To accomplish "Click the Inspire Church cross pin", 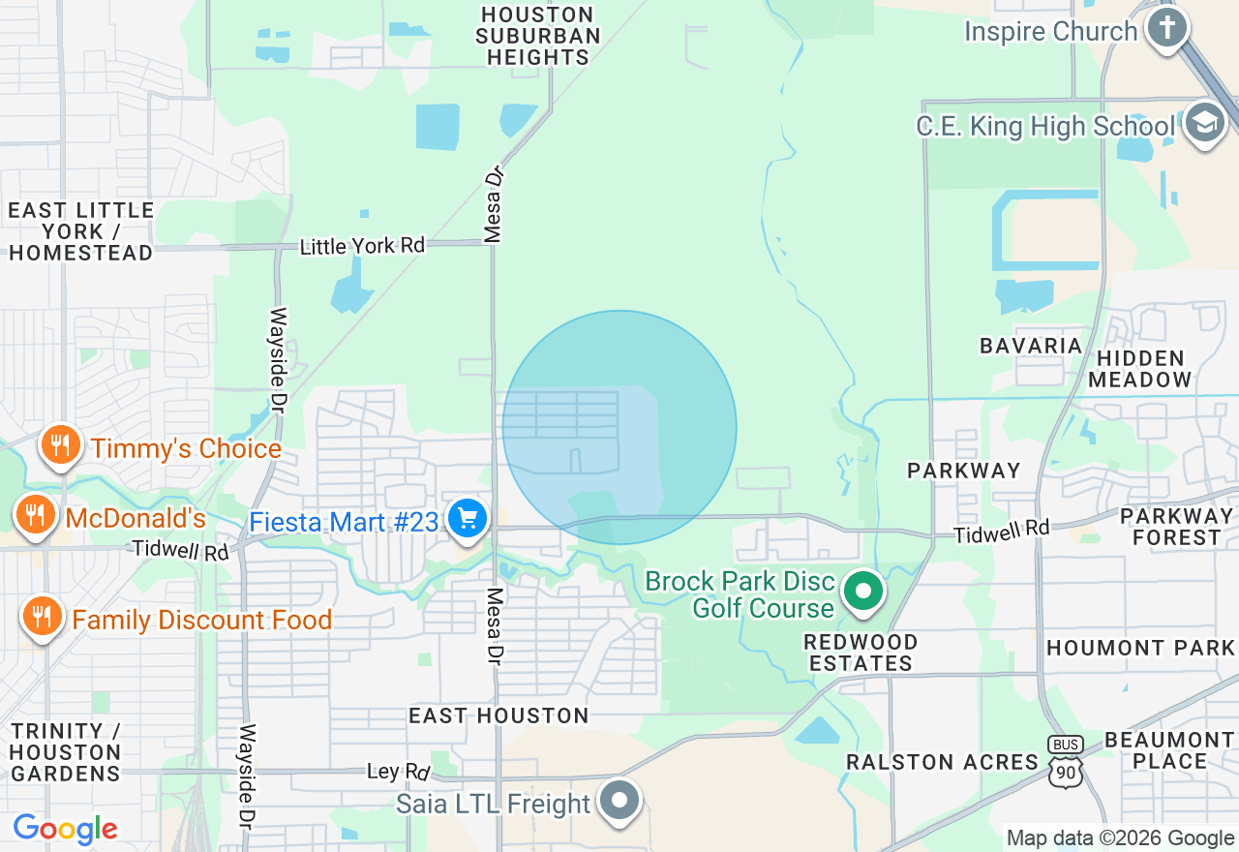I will pyautogui.click(x=1167, y=28).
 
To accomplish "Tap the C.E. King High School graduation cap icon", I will pyautogui.click(x=1204, y=123).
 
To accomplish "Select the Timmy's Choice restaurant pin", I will pyautogui.click(x=60, y=445).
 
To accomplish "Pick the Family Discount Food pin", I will pyautogui.click(x=41, y=616).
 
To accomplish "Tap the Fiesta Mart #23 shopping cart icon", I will pyautogui.click(x=468, y=519).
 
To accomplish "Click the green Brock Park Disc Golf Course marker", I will pyautogui.click(x=863, y=591).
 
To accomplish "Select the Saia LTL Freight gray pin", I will pyautogui.click(x=619, y=801).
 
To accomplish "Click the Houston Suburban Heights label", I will pyautogui.click(x=537, y=36).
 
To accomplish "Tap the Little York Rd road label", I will pyautogui.click(x=362, y=246).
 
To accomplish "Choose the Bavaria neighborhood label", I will pyautogui.click(x=1030, y=346).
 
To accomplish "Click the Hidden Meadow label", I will pyautogui.click(x=1139, y=369).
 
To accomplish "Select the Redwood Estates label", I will pyautogui.click(x=861, y=653).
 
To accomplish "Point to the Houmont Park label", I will pyautogui.click(x=1140, y=648).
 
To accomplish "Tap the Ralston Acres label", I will pyautogui.click(x=942, y=762).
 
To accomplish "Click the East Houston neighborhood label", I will pyautogui.click(x=499, y=715).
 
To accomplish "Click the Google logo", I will pyautogui.click(x=65, y=829).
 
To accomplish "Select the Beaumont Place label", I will pyautogui.click(x=1169, y=749).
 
